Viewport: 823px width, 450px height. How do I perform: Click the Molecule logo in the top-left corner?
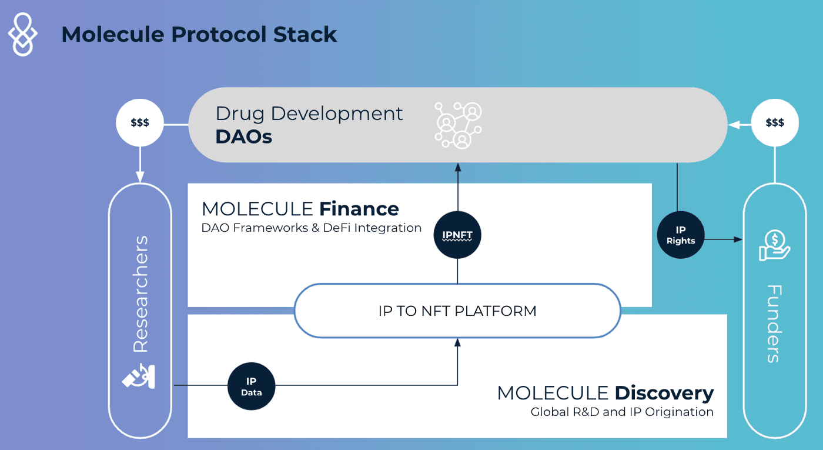[x=22, y=35]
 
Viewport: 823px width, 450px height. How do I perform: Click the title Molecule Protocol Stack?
[x=199, y=35]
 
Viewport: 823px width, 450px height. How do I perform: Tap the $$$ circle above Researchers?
[x=140, y=124]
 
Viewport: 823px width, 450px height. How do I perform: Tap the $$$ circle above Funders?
[x=775, y=123]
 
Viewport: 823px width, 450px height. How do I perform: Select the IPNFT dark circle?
[x=457, y=235]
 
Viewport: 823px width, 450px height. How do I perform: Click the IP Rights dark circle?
[x=680, y=235]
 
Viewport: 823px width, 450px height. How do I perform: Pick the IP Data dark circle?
[x=251, y=386]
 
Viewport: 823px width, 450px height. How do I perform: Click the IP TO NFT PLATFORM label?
[x=457, y=311]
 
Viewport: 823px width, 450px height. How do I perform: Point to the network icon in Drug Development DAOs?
[x=457, y=125]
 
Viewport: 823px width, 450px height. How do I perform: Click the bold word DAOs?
[x=243, y=137]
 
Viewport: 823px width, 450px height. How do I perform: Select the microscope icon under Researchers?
[x=139, y=376]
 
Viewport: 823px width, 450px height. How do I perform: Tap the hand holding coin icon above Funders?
[x=774, y=245]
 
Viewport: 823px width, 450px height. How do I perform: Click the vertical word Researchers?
[x=140, y=294]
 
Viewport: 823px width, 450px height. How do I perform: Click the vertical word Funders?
[x=775, y=324]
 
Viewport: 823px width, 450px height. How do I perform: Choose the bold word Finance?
[x=359, y=209]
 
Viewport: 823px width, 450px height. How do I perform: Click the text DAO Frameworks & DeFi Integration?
[x=312, y=228]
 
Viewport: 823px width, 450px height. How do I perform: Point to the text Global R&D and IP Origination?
[x=622, y=412]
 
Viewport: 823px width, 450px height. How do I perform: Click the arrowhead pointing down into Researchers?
[x=140, y=177]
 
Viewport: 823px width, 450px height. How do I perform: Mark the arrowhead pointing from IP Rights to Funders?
[x=737, y=239]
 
